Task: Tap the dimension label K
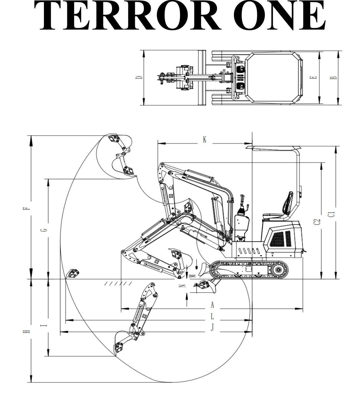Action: point(205,139)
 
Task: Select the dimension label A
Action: point(212,304)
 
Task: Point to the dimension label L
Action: point(212,317)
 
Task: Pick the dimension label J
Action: point(212,327)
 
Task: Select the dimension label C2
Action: point(317,222)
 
